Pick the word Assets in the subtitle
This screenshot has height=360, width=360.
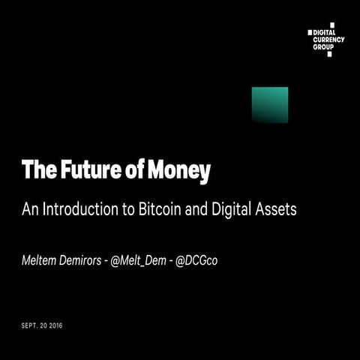pyautogui.click(x=276, y=209)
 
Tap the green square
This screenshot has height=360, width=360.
pyautogui.click(x=270, y=104)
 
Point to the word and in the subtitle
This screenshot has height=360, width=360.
pyautogui.click(x=197, y=209)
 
